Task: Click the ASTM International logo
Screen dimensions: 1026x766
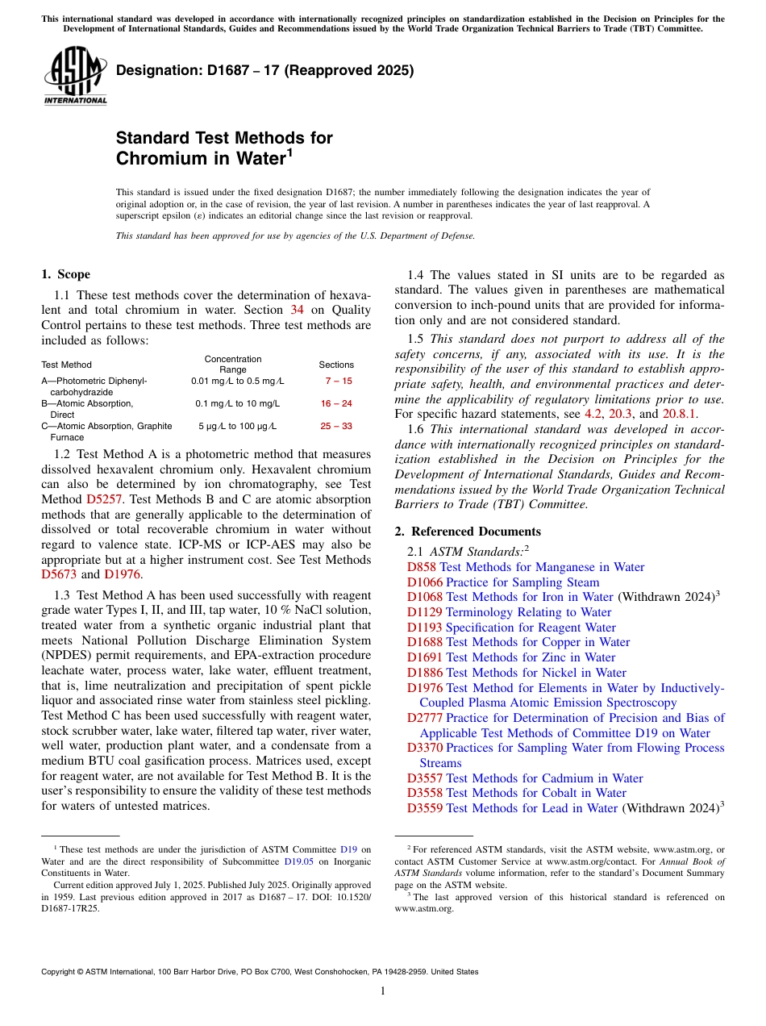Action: pyautogui.click(x=75, y=77)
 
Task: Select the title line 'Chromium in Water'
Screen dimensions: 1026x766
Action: pyautogui.click(x=202, y=158)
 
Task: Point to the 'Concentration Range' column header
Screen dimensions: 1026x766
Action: pyautogui.click(x=233, y=365)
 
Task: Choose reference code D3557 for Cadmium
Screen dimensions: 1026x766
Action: pyautogui.click(x=424, y=778)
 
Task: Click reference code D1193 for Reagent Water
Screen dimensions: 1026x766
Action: pyautogui.click(x=424, y=628)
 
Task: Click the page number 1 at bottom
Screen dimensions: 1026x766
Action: pyautogui.click(x=383, y=991)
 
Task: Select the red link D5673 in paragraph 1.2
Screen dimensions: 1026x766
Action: pyautogui.click(x=59, y=574)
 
